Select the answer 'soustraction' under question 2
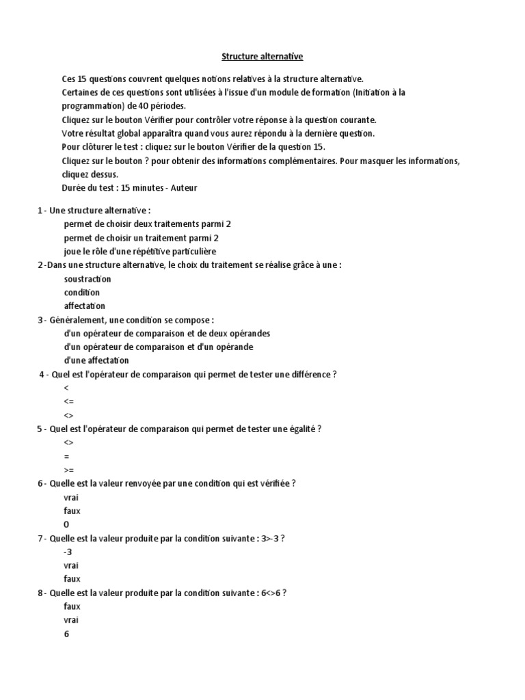tap(87, 279)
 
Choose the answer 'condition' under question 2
tap(81, 293)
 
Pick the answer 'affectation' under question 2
tap(85, 306)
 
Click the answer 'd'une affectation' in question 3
tap(96, 360)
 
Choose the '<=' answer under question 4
tap(68, 401)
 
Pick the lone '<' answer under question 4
tap(66, 388)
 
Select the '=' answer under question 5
tap(66, 456)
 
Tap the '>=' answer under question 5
tap(68, 470)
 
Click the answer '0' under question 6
tap(66, 524)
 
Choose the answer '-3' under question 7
tap(68, 552)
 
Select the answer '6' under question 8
tap(66, 634)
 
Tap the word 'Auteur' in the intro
tap(184, 188)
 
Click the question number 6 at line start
tap(40, 483)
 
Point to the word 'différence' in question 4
tap(310, 374)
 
